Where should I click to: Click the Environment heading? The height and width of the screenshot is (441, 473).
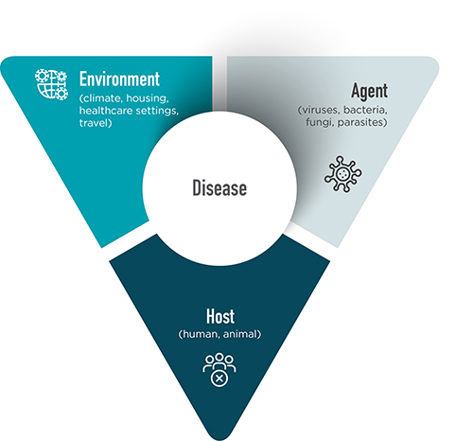click(x=119, y=79)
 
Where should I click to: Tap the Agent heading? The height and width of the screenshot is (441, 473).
click(x=369, y=92)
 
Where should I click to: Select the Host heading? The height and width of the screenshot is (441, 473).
click(x=220, y=316)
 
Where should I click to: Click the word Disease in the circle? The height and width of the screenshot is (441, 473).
click(x=219, y=188)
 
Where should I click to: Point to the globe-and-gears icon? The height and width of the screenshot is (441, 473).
click(x=51, y=84)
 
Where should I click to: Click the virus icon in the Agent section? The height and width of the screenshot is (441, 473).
click(x=343, y=174)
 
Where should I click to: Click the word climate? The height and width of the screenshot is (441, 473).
click(x=101, y=98)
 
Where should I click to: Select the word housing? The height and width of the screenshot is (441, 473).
click(x=148, y=98)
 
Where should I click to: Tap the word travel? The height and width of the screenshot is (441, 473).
click(x=96, y=123)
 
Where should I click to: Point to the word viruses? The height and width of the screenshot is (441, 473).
click(x=319, y=110)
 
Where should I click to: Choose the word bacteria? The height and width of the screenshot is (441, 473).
click(x=365, y=110)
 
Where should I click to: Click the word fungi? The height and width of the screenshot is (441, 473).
click(x=320, y=122)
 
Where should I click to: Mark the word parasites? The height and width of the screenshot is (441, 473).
click(x=362, y=122)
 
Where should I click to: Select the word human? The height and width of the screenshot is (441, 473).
click(x=199, y=334)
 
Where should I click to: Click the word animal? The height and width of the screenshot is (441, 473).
click(x=242, y=334)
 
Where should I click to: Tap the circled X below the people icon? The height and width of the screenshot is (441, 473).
click(x=219, y=378)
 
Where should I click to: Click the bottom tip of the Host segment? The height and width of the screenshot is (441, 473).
click(x=220, y=439)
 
